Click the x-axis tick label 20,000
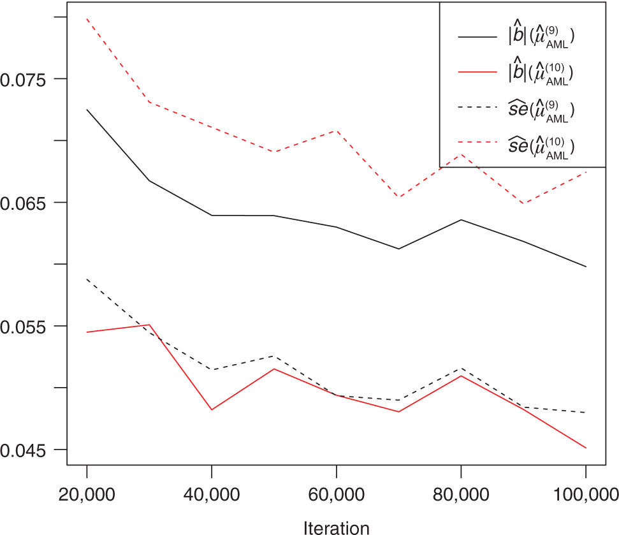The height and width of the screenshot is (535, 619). [87, 495]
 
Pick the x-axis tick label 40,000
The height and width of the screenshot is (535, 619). [211, 495]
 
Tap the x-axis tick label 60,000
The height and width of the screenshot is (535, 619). [336, 495]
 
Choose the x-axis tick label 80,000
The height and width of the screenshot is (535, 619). [461, 495]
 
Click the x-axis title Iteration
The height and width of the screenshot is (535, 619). [336, 527]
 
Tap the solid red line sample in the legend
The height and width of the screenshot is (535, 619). [477, 73]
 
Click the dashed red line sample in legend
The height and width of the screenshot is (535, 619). [477, 145]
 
